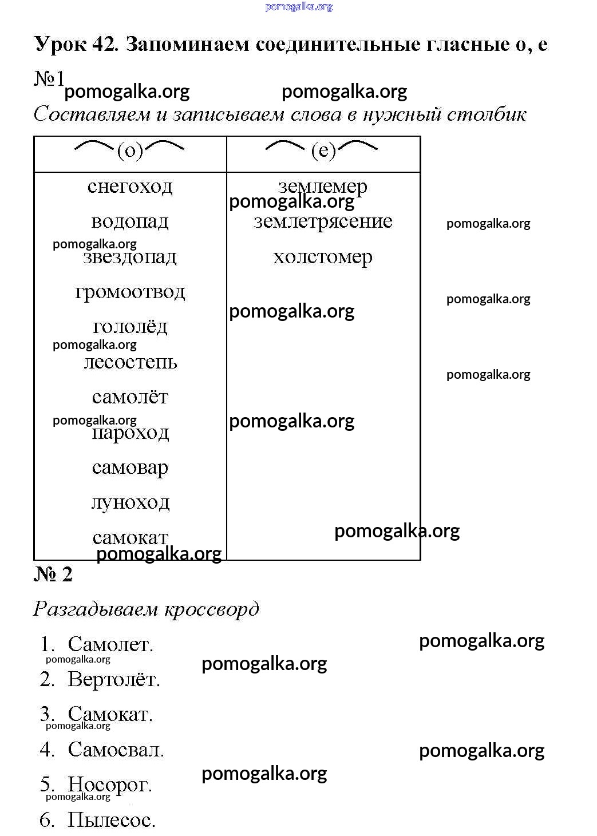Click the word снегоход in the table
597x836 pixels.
tap(130, 187)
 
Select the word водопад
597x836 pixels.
tap(130, 222)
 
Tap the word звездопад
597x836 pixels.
tap(130, 257)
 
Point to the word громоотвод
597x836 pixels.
tap(130, 292)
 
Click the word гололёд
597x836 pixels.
tap(130, 327)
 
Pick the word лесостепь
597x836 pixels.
tap(131, 362)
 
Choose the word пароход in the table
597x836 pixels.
tap(131, 433)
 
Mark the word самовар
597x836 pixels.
tap(130, 469)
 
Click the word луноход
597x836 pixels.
tap(131, 504)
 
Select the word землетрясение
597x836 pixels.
tap(323, 222)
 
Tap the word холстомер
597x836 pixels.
tap(323, 257)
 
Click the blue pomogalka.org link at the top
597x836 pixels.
tap(299, 7)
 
